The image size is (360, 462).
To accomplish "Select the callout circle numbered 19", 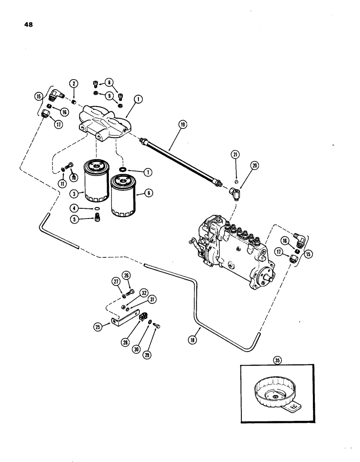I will pyautogui.click(x=183, y=124).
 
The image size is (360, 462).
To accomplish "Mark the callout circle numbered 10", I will pyautogui.click(x=72, y=177).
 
